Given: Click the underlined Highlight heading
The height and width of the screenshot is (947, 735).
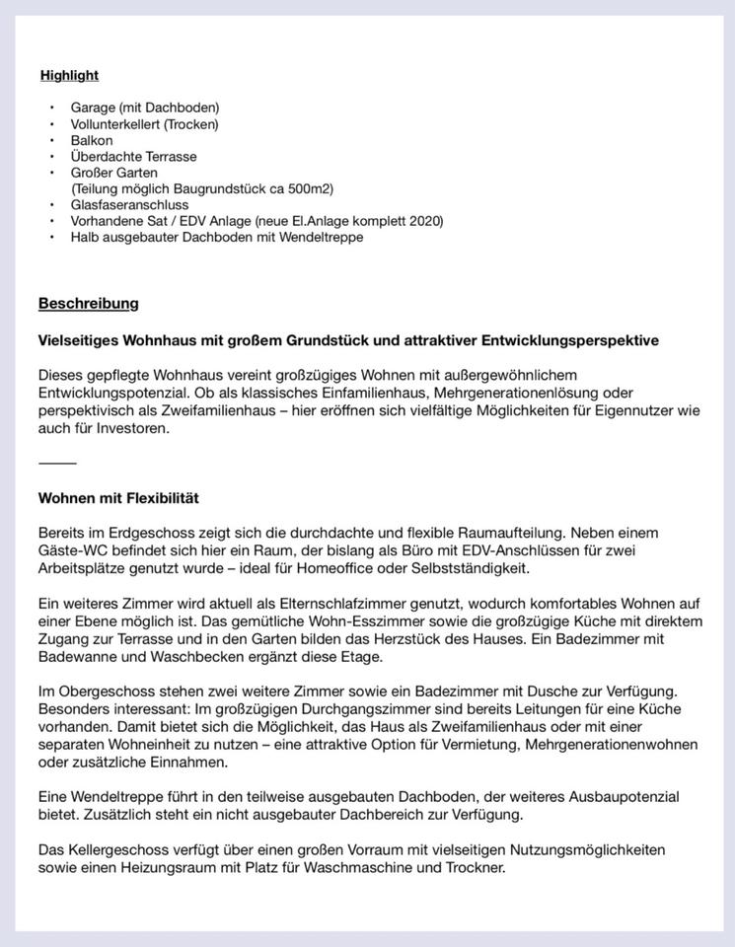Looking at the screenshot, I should [69, 76].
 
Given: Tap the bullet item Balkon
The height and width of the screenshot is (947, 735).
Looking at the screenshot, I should [92, 140].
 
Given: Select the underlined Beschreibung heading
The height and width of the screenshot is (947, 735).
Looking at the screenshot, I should [88, 303].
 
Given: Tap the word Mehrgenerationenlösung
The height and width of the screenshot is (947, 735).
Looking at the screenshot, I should [521, 393].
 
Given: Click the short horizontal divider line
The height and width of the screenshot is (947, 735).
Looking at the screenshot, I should [57, 463].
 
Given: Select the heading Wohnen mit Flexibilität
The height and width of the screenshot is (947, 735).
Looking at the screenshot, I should [118, 497].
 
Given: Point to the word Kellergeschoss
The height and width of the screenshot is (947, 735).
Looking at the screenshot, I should [115, 849].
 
